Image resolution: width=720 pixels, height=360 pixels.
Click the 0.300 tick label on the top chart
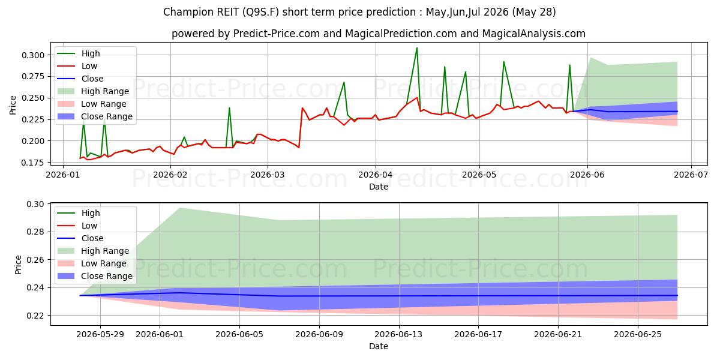tap(33, 55)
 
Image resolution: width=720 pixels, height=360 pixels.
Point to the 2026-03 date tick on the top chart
tap(268, 175)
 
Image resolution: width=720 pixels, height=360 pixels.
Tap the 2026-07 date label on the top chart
tap(691, 175)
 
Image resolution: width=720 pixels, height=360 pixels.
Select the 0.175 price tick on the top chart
tap(33, 163)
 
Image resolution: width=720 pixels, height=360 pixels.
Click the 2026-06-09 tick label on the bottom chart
tap(319, 335)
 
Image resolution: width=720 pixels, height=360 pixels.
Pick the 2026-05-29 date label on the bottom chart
tap(100, 335)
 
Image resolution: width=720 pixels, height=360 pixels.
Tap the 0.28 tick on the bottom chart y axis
tap(35, 232)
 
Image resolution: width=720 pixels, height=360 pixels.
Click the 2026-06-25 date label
tap(638, 335)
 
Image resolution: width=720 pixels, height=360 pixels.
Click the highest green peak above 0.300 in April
tap(417, 48)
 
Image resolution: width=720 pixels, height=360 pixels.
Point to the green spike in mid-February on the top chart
tap(229, 107)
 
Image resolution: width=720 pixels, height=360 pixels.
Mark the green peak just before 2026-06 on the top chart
tap(569, 65)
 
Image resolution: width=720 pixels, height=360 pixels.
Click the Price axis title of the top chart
tap(13, 105)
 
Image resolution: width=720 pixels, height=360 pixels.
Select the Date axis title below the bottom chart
tap(379, 346)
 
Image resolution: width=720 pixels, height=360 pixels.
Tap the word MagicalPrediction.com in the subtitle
tap(401, 34)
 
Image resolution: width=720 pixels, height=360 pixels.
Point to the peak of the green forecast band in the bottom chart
tap(179, 208)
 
